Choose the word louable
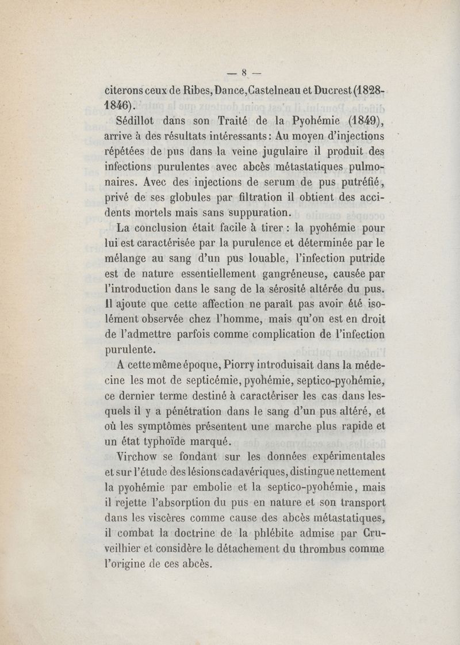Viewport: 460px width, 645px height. [x=265, y=257]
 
